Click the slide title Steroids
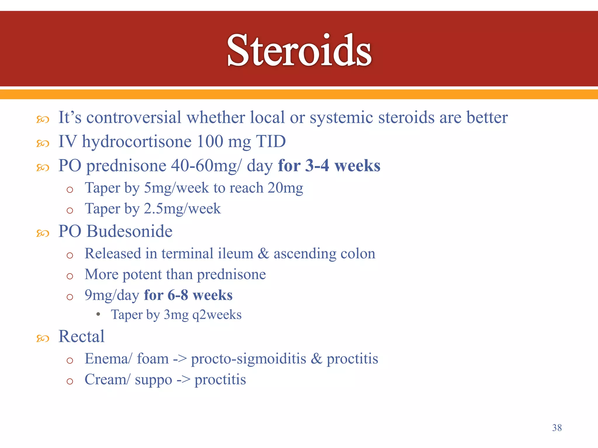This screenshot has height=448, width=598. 299,50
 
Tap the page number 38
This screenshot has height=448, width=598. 557,428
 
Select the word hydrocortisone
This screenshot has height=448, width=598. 137,142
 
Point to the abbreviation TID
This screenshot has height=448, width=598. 271,141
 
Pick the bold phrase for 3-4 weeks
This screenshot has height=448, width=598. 329,166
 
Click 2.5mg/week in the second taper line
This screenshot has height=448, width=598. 182,209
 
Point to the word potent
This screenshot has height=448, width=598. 142,274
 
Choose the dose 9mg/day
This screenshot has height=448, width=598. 112,295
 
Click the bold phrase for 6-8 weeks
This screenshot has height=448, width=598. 188,295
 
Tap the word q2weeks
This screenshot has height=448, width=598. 217,315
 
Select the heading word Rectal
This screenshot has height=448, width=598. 81,336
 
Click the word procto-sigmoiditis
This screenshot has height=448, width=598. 248,358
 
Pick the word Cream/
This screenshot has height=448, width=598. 107,379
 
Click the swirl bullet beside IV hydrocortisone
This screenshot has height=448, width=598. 43,143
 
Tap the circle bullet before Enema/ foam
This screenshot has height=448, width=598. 69,361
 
